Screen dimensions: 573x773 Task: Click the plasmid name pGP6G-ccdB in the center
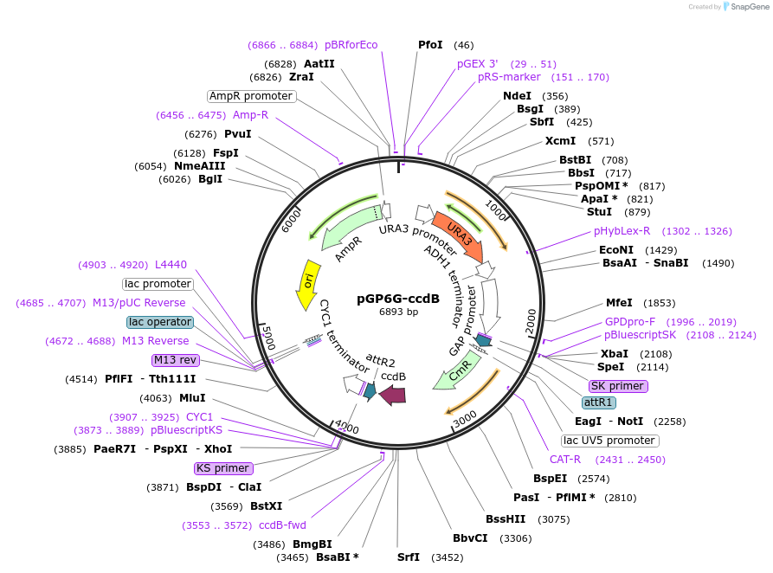tap(398, 299)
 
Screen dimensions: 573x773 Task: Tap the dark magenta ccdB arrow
tap(394, 395)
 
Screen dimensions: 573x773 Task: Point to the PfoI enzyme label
tap(430, 44)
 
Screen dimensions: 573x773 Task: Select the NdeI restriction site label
tap(517, 96)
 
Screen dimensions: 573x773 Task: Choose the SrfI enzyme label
tap(408, 557)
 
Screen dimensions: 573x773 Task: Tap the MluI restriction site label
tap(192, 398)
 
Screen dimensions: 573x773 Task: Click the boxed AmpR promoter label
tap(251, 96)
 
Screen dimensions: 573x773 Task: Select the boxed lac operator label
tap(160, 322)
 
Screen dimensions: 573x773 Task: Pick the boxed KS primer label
tap(223, 468)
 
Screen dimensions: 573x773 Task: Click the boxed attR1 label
tap(599, 402)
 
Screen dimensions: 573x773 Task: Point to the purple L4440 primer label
tap(171, 265)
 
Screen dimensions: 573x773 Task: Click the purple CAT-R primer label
tap(565, 459)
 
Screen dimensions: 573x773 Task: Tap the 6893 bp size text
tap(398, 312)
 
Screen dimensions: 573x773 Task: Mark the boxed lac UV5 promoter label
tap(609, 441)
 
